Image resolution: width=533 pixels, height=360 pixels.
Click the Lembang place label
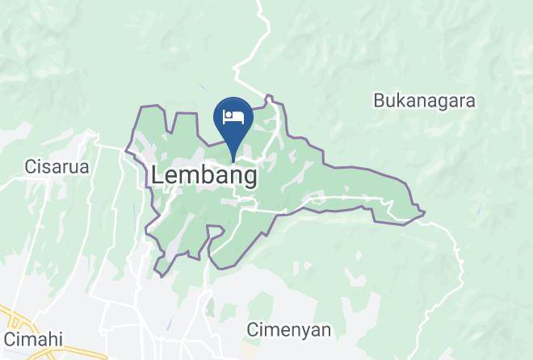coord(205,175)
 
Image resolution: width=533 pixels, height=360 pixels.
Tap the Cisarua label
coord(56,167)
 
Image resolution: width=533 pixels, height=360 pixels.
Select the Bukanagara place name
coord(424,101)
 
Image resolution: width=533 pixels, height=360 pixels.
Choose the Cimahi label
coord(33,338)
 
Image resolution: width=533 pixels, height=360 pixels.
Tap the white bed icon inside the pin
coord(233,116)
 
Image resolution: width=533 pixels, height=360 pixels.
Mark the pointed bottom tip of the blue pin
coord(233,161)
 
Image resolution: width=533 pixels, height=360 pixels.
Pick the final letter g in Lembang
coord(250,178)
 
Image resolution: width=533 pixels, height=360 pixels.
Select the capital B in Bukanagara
coord(379,101)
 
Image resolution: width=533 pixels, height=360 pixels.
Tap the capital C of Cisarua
coord(31,167)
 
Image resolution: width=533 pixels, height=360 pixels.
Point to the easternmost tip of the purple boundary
coord(425,213)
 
